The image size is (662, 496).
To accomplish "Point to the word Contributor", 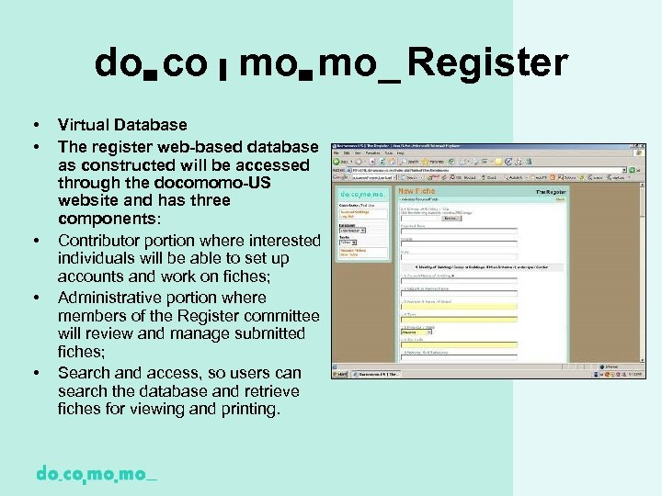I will click(x=102, y=241).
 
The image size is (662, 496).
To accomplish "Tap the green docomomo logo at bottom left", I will click(x=96, y=474).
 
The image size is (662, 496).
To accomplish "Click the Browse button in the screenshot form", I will click(x=451, y=219).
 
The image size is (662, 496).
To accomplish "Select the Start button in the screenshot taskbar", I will click(x=340, y=375).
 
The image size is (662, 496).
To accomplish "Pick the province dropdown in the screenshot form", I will click(x=415, y=333).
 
